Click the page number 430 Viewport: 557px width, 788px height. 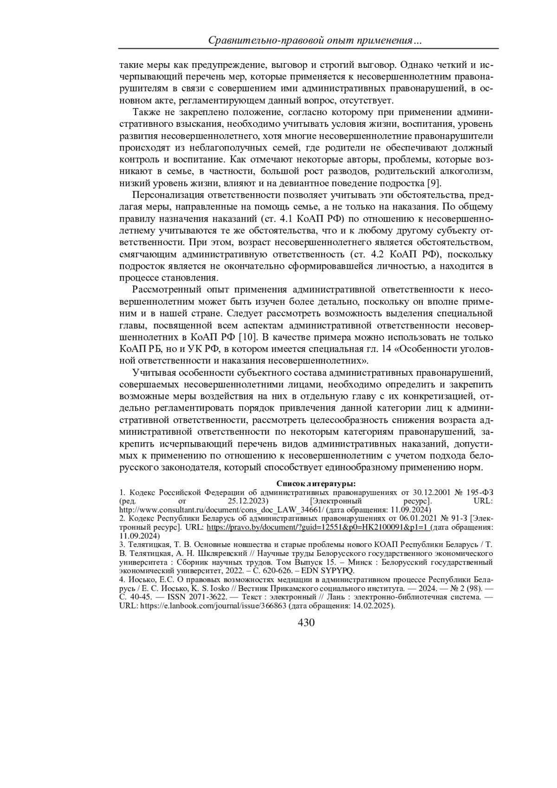tap(306, 623)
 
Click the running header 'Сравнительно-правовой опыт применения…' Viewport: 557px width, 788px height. tap(315, 41)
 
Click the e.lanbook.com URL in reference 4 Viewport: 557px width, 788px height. tap(213, 606)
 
